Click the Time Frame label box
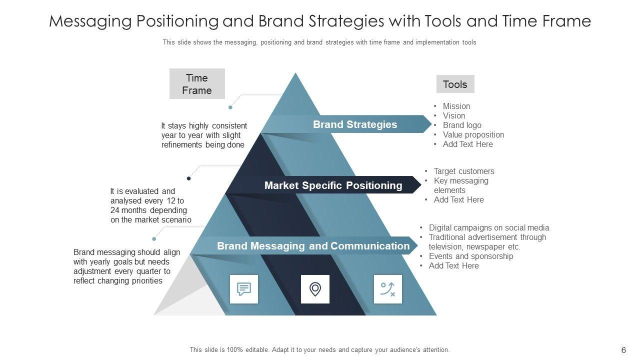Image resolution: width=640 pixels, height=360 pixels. click(197, 84)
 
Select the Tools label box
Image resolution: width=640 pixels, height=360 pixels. click(455, 84)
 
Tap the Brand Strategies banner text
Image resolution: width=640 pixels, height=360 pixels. click(355, 124)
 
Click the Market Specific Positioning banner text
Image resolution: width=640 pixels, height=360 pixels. click(333, 185)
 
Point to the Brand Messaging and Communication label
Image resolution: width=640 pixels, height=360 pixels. click(313, 246)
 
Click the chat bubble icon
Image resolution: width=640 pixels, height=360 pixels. click(244, 289)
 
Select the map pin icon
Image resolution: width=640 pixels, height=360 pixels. click(315, 289)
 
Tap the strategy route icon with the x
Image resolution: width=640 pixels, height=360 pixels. click(387, 289)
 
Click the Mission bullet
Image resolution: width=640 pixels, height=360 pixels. click(456, 106)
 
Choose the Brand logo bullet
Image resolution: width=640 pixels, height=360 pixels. click(462, 125)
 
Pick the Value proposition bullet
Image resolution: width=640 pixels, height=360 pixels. click(473, 134)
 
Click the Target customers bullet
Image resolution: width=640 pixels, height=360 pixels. click(464, 171)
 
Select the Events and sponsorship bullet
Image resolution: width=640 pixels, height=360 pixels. click(471, 256)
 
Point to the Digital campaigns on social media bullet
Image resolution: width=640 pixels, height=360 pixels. click(489, 227)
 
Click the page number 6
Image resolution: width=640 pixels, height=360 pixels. click(623, 350)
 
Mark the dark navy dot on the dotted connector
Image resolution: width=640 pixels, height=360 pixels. click(189, 178)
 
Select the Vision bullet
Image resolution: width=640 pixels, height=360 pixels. click(453, 115)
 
